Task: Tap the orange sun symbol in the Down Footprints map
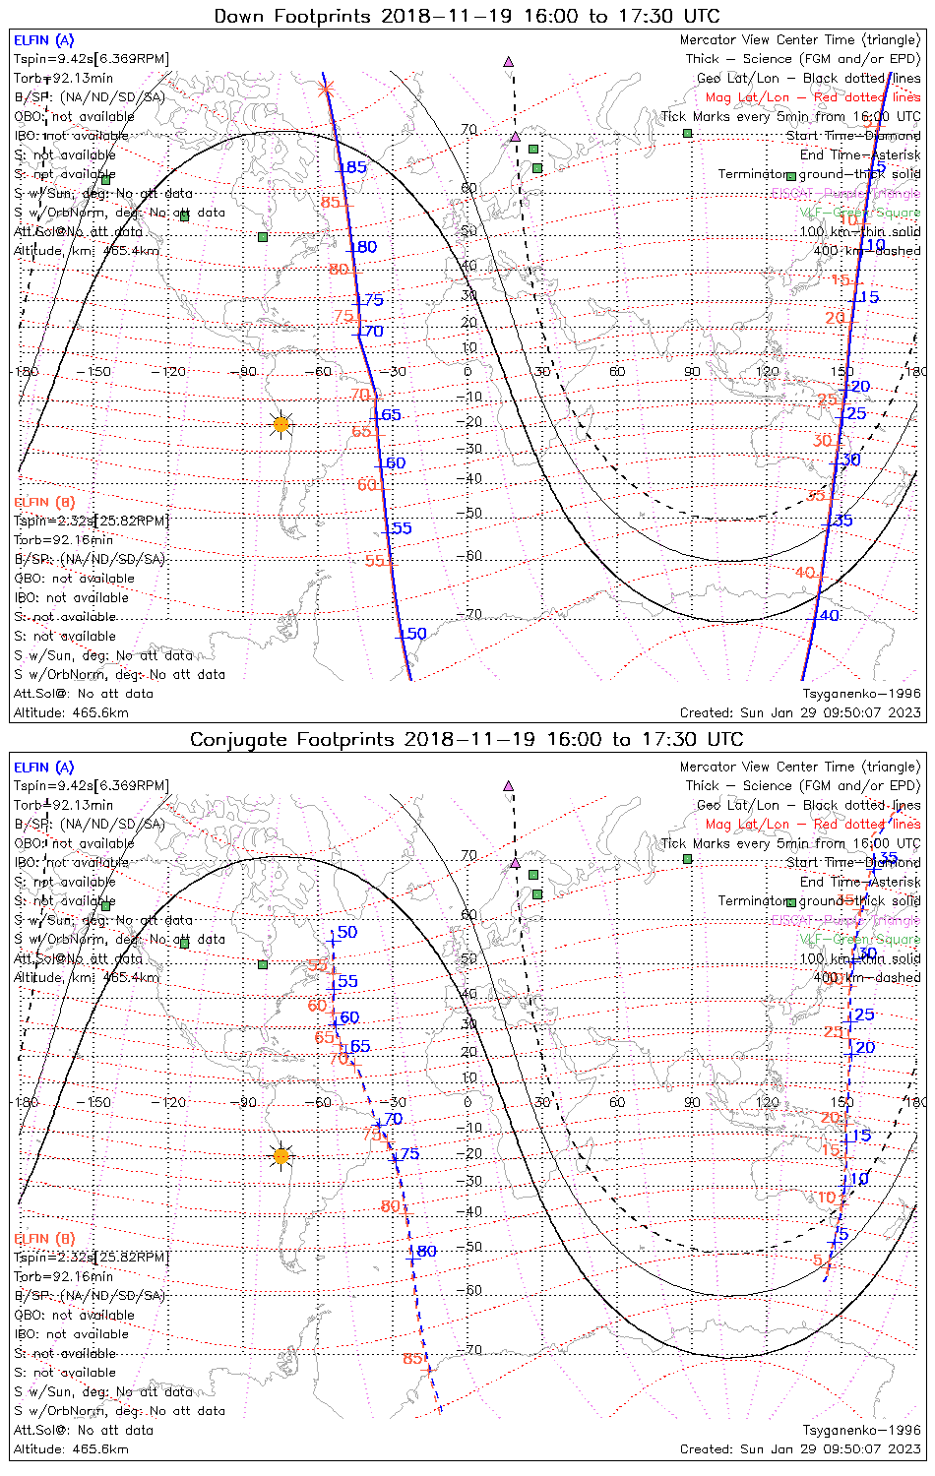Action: pyautogui.click(x=281, y=424)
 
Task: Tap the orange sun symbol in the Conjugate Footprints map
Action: pyautogui.click(x=281, y=1155)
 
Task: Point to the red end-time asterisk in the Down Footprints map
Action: pyautogui.click(x=327, y=90)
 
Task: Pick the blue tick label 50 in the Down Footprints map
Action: pyautogui.click(x=416, y=634)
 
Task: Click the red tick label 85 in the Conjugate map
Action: pyautogui.click(x=412, y=1359)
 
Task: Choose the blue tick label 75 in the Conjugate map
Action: pyautogui.click(x=408, y=1154)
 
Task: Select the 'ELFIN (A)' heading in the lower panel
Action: pyautogui.click(x=44, y=768)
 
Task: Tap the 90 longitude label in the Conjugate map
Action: pyautogui.click(x=693, y=1102)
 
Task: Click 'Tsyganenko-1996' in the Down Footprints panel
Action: pyautogui.click(x=861, y=694)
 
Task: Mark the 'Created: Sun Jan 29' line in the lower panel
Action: pyautogui.click(x=800, y=1449)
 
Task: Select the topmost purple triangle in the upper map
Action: pyautogui.click(x=508, y=61)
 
